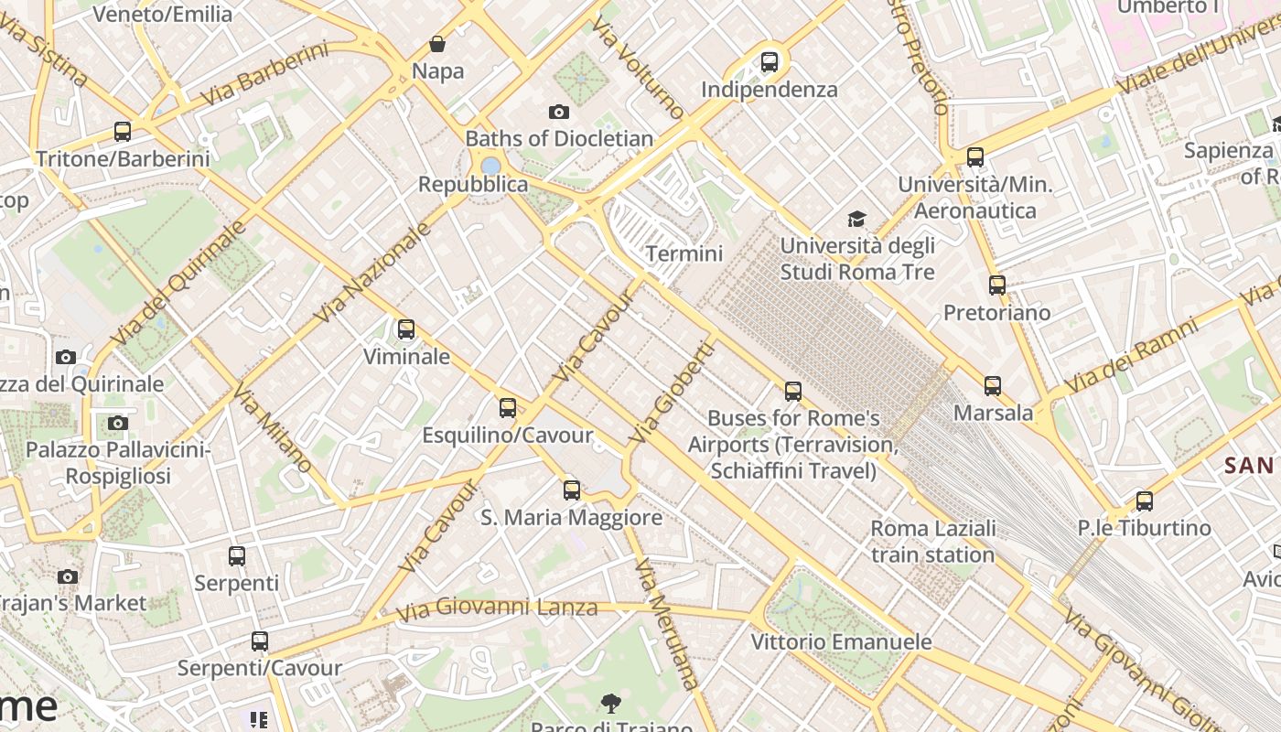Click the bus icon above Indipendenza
click(x=770, y=62)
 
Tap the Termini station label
click(x=684, y=253)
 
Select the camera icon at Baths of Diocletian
click(x=558, y=113)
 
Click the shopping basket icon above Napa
click(x=437, y=44)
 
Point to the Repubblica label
click(x=473, y=184)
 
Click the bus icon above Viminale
click(x=406, y=329)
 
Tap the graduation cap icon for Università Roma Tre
click(x=856, y=219)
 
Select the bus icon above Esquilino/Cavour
click(x=508, y=408)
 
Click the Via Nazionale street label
click(x=372, y=272)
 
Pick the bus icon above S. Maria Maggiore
click(x=572, y=490)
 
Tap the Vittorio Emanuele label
click(x=841, y=641)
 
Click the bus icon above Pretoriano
click(x=997, y=285)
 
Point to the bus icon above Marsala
click(x=993, y=386)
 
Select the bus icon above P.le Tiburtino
click(x=1144, y=501)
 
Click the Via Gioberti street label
click(x=672, y=393)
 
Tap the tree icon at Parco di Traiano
click(x=610, y=704)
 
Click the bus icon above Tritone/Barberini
click(x=123, y=132)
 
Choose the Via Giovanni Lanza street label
click(x=498, y=607)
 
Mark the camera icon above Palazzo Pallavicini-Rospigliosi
click(x=118, y=423)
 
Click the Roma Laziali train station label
click(x=932, y=541)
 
